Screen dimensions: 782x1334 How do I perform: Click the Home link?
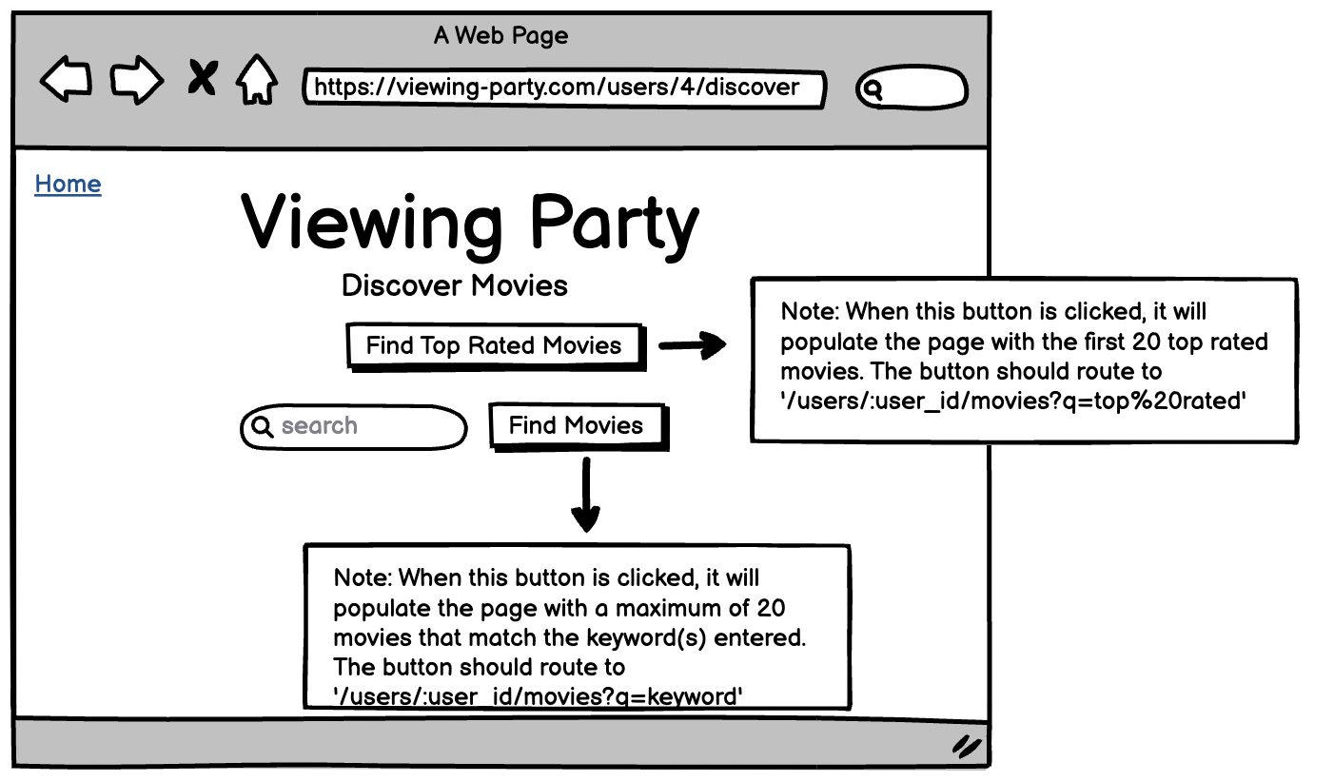click(68, 184)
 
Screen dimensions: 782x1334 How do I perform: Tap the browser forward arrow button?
click(136, 80)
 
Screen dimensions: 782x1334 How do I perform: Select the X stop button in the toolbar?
click(201, 78)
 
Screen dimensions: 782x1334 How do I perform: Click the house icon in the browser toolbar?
click(257, 80)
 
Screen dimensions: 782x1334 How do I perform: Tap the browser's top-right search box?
click(912, 89)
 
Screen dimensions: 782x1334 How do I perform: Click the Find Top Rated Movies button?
click(494, 345)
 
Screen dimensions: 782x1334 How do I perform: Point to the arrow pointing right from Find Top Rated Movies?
click(692, 346)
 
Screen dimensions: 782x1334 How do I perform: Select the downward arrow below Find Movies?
click(586, 496)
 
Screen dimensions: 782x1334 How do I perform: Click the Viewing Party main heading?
click(470, 223)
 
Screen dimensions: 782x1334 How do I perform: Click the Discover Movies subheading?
click(454, 284)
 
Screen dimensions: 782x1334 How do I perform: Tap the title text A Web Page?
click(500, 36)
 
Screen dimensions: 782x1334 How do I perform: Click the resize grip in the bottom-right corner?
click(967, 746)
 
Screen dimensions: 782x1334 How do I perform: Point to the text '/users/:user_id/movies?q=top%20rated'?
click(1012, 401)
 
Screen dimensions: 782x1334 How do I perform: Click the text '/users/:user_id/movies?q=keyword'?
click(538, 697)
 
